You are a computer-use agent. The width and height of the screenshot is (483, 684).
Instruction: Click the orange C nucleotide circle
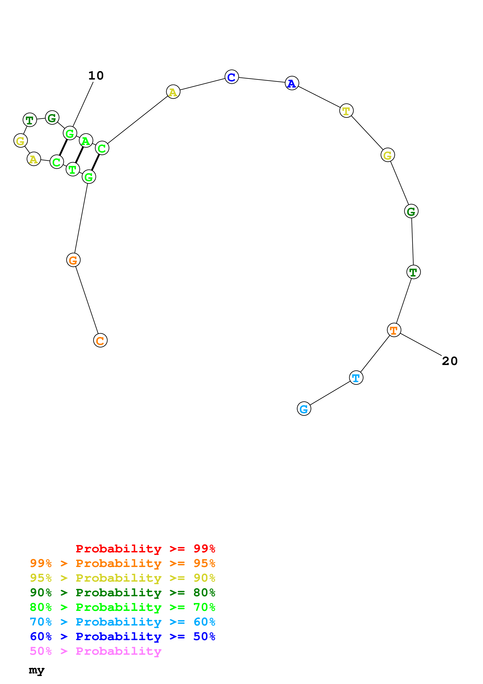100,340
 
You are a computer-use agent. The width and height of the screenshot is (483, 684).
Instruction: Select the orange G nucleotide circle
73,260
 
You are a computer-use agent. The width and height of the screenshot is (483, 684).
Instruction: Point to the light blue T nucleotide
356,378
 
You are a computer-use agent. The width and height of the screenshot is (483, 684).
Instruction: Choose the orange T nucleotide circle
394,330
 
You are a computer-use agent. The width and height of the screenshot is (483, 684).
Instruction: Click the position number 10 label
96,76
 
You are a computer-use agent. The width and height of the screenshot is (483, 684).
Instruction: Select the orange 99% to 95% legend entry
122,563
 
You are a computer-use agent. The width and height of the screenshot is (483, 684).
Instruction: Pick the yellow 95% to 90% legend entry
122,578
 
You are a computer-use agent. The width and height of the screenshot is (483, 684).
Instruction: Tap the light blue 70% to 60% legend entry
122,622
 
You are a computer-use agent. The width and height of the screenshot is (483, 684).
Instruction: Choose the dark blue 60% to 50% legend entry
122,636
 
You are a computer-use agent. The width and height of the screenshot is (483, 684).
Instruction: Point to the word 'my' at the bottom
37,670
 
